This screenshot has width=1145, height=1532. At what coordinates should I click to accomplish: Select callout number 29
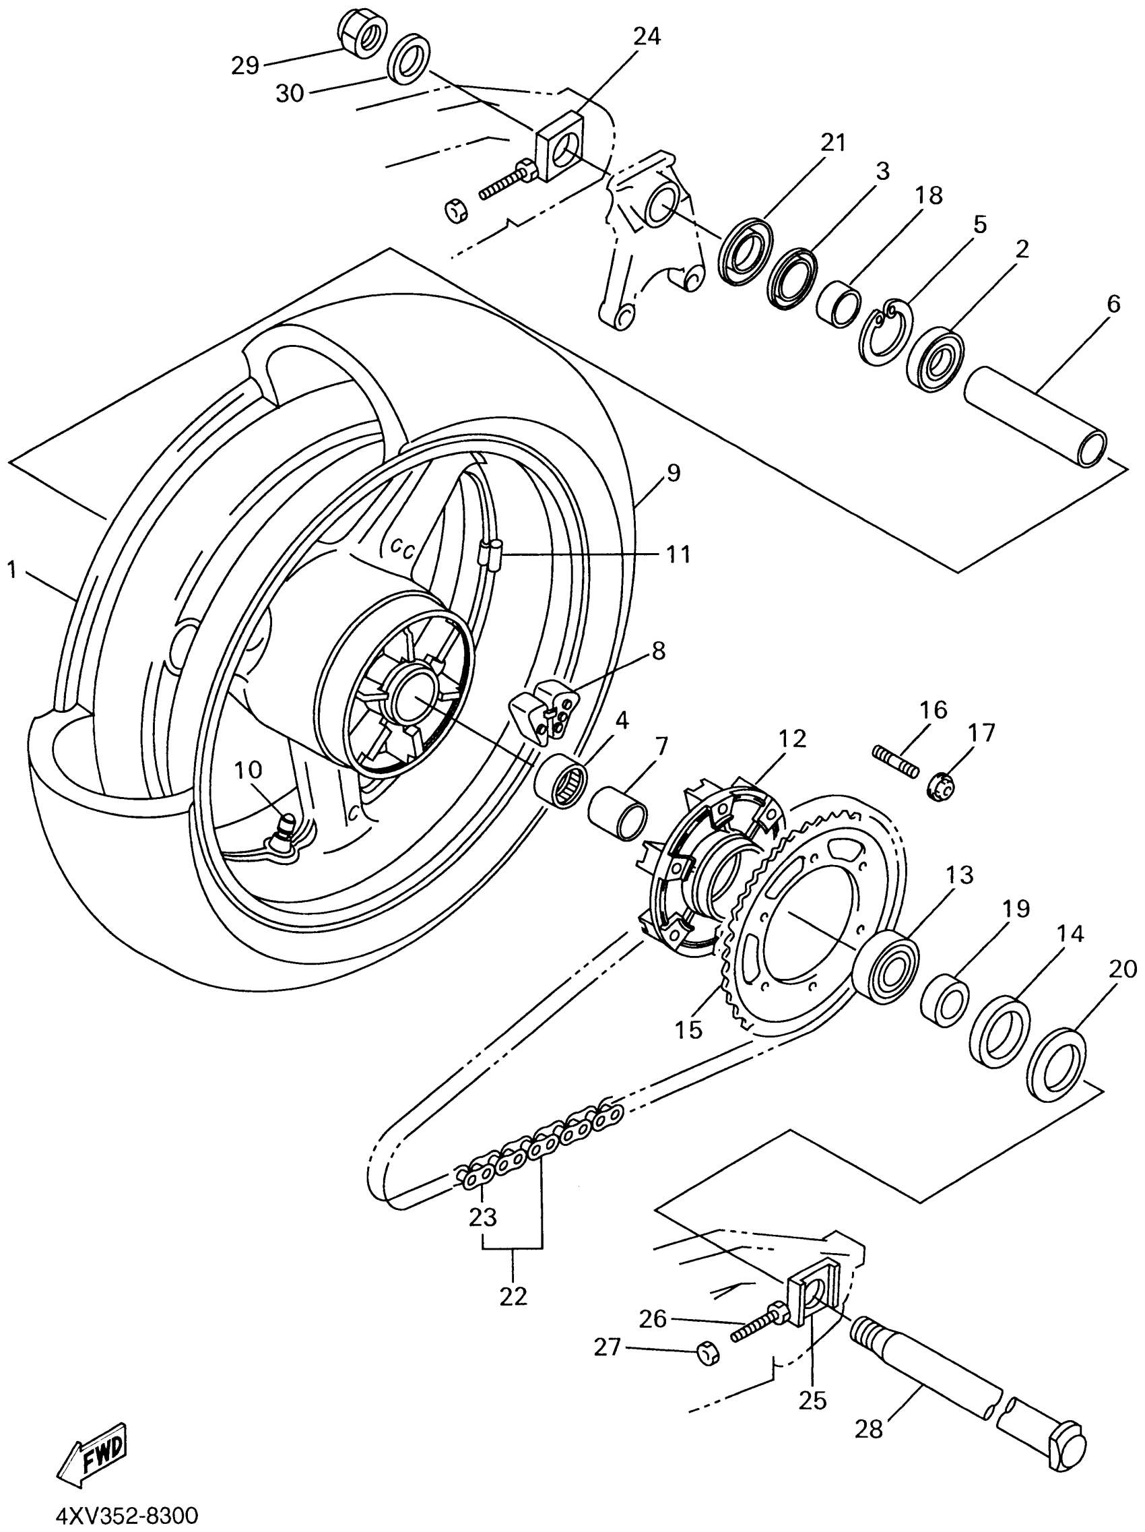pyautogui.click(x=244, y=66)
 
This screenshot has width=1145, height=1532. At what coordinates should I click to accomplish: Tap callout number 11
pyautogui.click(x=678, y=554)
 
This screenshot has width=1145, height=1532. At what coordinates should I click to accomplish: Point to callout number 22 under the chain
pyautogui.click(x=513, y=1296)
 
